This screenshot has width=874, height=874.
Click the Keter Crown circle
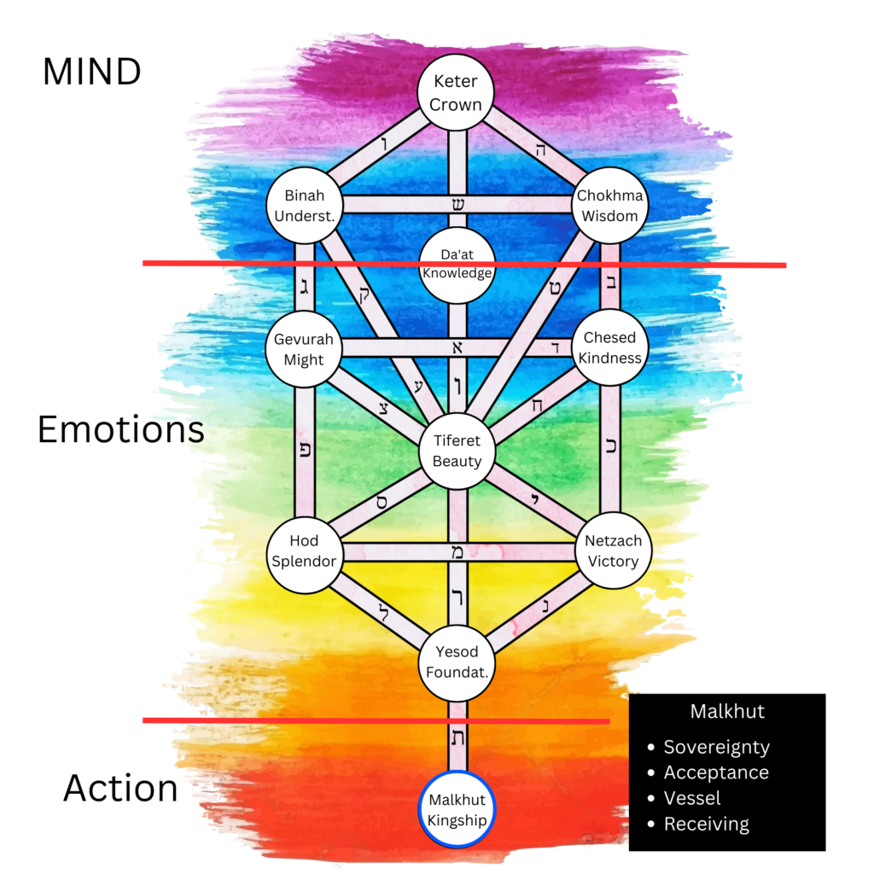457,93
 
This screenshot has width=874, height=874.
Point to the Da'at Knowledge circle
457,265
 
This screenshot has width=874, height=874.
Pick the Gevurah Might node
304,349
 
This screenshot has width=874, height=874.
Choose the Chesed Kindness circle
609,348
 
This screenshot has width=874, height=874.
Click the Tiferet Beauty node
457,451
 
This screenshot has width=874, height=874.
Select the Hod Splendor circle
304,551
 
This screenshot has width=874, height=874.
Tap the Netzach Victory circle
612,551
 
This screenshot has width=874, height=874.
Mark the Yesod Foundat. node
457,662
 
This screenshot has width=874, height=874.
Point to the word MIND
91,73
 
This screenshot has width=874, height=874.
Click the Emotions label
120,429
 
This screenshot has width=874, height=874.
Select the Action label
120,788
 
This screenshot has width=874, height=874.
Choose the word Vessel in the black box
692,798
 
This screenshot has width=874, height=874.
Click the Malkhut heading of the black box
726,711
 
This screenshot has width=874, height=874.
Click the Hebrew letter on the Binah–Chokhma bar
457,205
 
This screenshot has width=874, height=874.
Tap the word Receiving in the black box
706,824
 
